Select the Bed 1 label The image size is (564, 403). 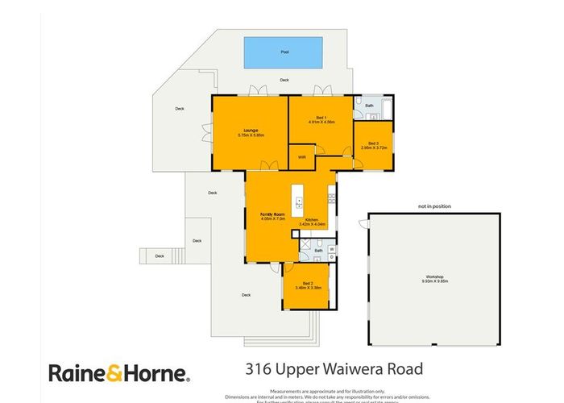tap(321, 117)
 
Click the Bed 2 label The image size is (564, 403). tap(306, 283)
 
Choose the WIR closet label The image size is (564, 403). tap(301, 157)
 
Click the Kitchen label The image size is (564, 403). tap(311, 219)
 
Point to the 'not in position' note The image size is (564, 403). tap(435, 207)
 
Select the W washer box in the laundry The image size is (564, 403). tap(332, 249)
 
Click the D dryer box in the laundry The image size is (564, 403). tap(332, 258)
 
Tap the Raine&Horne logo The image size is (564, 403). tap(119, 372)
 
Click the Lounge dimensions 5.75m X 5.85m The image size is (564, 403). tap(247, 135)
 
